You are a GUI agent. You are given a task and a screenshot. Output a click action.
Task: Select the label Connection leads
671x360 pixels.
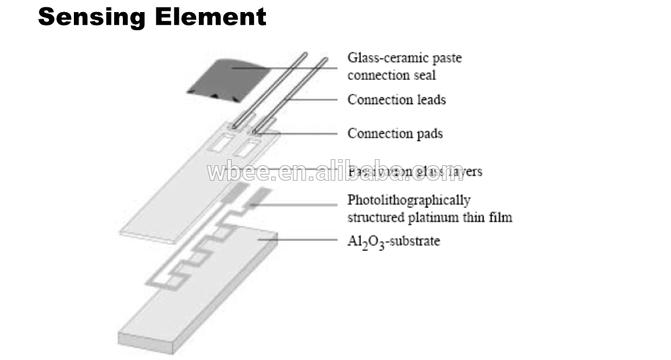[396, 100]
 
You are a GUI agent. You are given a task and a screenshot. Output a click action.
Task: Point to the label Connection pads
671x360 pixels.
[395, 134]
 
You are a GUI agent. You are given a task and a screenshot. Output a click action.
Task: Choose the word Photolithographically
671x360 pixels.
[409, 200]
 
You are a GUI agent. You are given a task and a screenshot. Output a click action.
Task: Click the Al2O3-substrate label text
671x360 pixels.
[394, 240]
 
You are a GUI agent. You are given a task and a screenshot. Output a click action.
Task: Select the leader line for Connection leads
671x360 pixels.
[316, 100]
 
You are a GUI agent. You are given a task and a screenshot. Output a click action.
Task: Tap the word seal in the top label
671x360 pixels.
[424, 75]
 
